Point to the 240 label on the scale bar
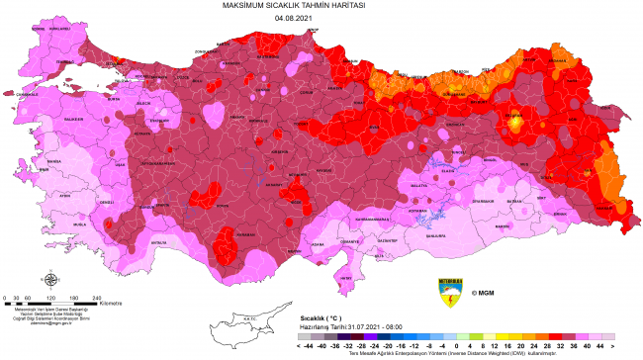[x=97, y=297]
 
